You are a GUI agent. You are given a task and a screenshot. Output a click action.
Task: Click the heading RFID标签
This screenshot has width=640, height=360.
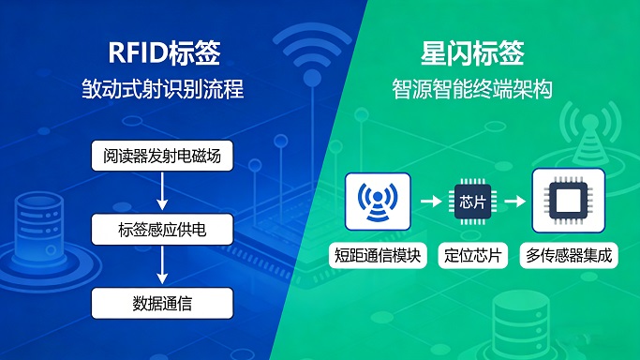tap(162, 52)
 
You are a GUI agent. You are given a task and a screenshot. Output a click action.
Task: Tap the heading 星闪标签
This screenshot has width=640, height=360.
tap(471, 52)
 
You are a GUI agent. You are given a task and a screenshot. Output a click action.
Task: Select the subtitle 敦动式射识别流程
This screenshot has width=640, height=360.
tap(162, 90)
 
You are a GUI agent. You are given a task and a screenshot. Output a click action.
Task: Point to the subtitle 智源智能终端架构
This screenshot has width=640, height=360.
tap(471, 90)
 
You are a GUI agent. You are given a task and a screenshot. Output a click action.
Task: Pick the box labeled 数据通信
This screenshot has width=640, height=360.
tap(162, 303)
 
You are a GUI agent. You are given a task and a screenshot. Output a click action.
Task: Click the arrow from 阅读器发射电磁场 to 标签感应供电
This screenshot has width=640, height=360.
tap(162, 191)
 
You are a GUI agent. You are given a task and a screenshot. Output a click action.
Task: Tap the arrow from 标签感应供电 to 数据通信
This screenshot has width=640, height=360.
tap(162, 265)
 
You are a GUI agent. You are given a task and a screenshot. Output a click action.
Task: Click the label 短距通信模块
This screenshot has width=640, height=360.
tap(378, 255)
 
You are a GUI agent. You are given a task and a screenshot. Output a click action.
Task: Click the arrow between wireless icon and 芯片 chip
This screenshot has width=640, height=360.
tap(429, 201)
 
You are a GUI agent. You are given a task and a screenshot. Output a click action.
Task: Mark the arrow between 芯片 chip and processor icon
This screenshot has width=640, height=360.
tap(514, 201)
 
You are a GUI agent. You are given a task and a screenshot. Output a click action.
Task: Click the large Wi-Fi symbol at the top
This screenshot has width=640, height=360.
tap(314, 56)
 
